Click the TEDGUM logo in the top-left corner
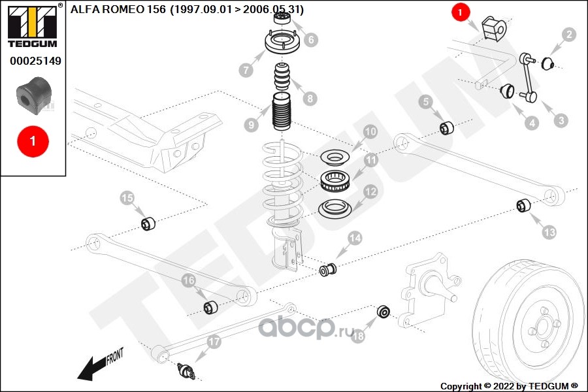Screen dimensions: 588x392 (33, 25)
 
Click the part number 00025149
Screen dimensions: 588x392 (35, 61)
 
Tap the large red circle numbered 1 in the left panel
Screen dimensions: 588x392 (33, 141)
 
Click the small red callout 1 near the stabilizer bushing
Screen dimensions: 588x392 (460, 12)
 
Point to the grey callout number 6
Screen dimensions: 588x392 (311, 39)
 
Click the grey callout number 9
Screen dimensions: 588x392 (252, 125)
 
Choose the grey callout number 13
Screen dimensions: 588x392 (549, 232)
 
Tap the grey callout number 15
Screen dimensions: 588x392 (127, 198)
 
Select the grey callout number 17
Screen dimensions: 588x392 (214, 342)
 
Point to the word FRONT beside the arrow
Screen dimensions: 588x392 (115, 356)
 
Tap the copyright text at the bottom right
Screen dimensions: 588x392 (509, 386)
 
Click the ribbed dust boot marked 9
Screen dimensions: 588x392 (281, 112)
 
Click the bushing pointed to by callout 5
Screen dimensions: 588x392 (447, 128)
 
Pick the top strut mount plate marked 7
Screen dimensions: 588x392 (282, 42)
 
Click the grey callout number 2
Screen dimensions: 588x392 (569, 35)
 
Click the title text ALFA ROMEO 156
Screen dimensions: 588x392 (118, 9)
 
